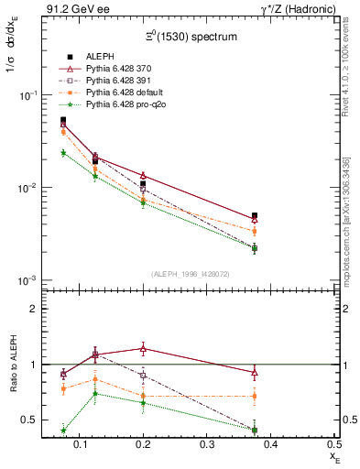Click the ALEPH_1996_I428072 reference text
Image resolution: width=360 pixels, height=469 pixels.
191,274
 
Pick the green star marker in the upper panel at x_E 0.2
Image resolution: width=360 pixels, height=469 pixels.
143,203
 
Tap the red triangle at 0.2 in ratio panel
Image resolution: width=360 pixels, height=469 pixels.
143,348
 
